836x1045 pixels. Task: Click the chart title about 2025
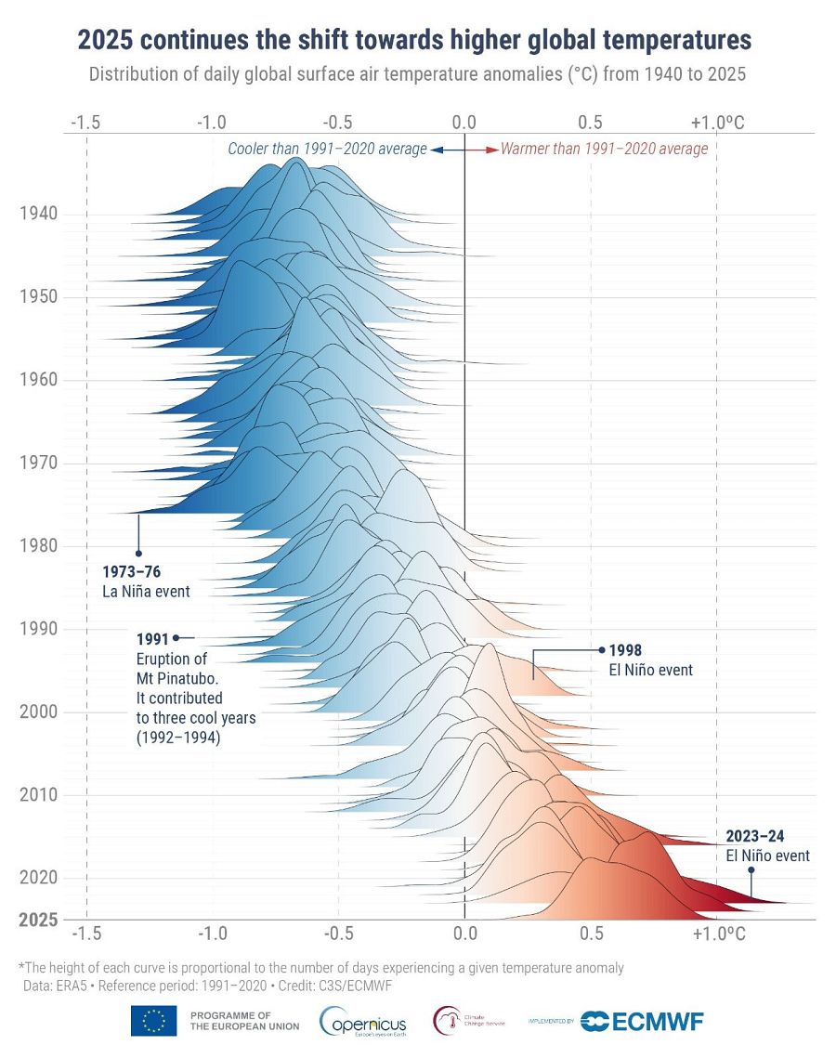(x=414, y=40)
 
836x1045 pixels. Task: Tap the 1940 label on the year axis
(x=38, y=214)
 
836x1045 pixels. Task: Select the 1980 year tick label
(x=38, y=545)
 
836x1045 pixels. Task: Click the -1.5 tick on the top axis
(x=85, y=122)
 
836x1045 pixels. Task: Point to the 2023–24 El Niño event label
(x=767, y=846)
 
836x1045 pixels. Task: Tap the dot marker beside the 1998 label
(x=602, y=649)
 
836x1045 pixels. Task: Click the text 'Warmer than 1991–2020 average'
(x=604, y=149)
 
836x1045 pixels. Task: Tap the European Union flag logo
(x=154, y=1020)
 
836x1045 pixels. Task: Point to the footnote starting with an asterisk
(x=320, y=967)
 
